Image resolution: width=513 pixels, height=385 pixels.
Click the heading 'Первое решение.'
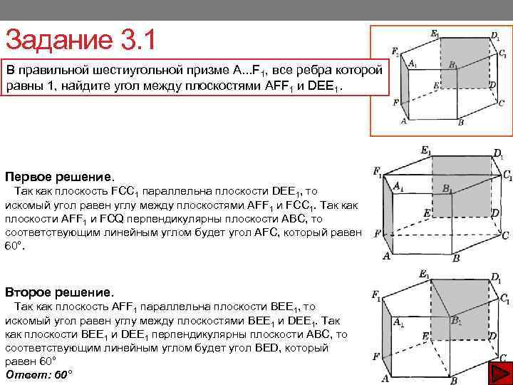59,175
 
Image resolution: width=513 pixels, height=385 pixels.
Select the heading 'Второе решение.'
59,292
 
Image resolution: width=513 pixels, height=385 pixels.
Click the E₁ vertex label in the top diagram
435,34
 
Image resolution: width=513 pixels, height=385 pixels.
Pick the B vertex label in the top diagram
460,122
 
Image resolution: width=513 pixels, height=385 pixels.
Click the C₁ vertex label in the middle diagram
507,175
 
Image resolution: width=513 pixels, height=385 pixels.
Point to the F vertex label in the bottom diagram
375,356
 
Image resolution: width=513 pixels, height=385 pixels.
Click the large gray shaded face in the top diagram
465,64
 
